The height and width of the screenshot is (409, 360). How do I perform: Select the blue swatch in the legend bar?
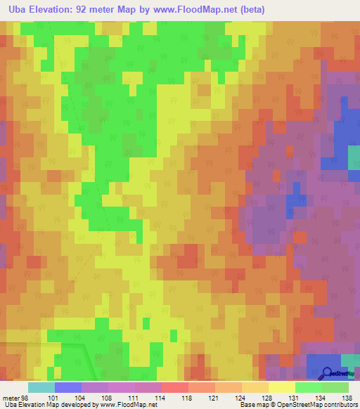coord(67,387)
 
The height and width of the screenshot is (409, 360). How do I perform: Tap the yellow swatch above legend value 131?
coord(281,387)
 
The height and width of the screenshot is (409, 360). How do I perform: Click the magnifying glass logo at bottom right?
coord(326,372)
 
